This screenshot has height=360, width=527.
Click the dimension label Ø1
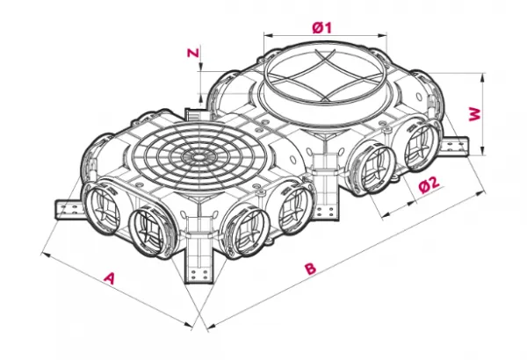pos(321,27)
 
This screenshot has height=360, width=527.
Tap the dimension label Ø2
pos(430,184)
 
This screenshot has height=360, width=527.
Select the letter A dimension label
pos(110,278)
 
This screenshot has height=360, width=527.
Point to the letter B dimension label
pos(311,268)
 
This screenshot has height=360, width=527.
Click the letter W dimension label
pos(475,115)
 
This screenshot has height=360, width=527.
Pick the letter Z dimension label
pos(193,53)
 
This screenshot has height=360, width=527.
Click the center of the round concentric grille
pos(197,157)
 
